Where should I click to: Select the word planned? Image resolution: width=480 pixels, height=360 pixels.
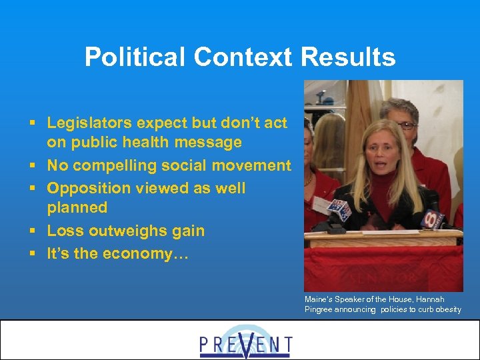pos(77,208)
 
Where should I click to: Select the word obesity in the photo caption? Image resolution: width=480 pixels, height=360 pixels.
pos(447,309)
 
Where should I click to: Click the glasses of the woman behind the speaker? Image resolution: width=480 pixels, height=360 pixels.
pos(405,125)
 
